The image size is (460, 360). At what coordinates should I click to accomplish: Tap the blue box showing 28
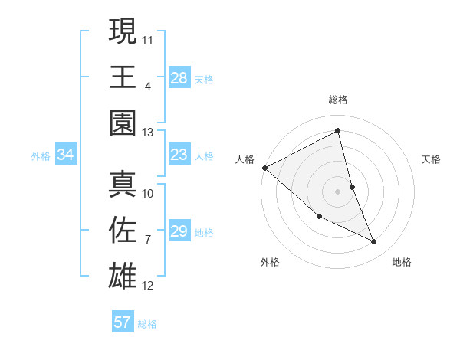pyautogui.click(x=179, y=77)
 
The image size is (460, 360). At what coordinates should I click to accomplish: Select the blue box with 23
pyautogui.click(x=179, y=155)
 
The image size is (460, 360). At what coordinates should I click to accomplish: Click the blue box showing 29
pyautogui.click(x=179, y=231)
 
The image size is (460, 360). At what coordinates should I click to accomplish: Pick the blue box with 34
pyautogui.click(x=65, y=155)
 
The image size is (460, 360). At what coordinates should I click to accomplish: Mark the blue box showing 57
pyautogui.click(x=122, y=322)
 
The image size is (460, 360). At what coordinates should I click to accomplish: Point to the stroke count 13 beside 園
pyautogui.click(x=148, y=132)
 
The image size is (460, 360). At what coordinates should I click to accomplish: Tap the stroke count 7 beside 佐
pyautogui.click(x=148, y=239)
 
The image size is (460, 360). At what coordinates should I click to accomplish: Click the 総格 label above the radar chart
pyautogui.click(x=338, y=100)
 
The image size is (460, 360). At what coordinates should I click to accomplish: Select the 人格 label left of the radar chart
pyautogui.click(x=245, y=159)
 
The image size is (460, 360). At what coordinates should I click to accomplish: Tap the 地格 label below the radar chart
pyautogui.click(x=402, y=262)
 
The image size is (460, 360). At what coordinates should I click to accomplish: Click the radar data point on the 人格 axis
pyautogui.click(x=264, y=168)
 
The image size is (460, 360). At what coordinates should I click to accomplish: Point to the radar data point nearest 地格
pyautogui.click(x=374, y=242)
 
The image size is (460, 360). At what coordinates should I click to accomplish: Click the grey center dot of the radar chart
pyautogui.click(x=338, y=191)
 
